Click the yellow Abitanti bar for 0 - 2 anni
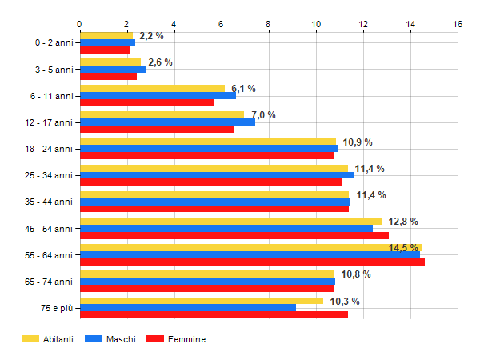106,35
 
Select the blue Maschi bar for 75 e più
188,308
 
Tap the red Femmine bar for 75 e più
214,315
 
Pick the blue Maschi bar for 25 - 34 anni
216,175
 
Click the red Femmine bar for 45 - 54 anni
234,236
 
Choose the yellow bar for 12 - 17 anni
162,114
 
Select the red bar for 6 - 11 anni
147,102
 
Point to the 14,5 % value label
403,248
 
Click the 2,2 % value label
151,36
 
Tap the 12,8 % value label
403,222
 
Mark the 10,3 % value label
345,301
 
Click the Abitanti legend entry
48,339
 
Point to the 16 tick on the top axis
458,25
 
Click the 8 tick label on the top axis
269,25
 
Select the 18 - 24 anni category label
50,149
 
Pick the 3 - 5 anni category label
53,70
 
